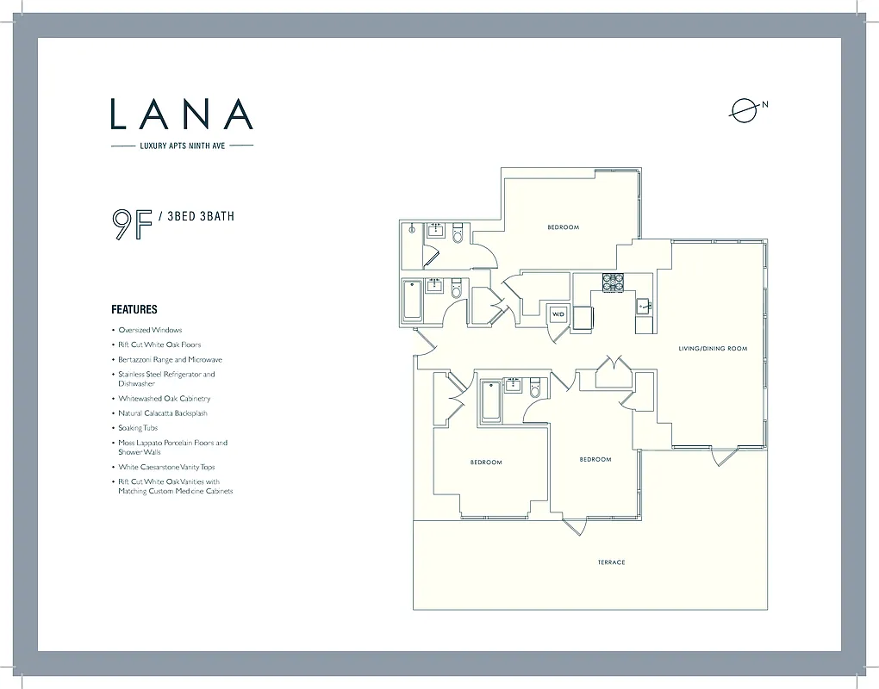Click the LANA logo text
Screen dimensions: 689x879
coord(182,114)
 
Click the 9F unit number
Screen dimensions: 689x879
coord(131,223)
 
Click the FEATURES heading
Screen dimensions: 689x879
coord(134,309)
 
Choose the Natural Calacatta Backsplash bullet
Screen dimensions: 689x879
coord(163,413)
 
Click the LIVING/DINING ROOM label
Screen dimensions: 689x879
coord(712,349)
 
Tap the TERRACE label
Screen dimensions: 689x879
coord(611,562)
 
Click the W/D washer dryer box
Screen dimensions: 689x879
coord(558,314)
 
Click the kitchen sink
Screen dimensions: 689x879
coord(643,306)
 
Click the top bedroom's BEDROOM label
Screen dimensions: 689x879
coord(563,227)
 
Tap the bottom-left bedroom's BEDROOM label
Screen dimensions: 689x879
coord(485,462)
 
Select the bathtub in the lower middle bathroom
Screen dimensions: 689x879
coord(489,400)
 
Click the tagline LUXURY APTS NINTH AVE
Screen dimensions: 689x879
coord(182,146)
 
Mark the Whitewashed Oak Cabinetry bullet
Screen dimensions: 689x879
coord(164,399)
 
